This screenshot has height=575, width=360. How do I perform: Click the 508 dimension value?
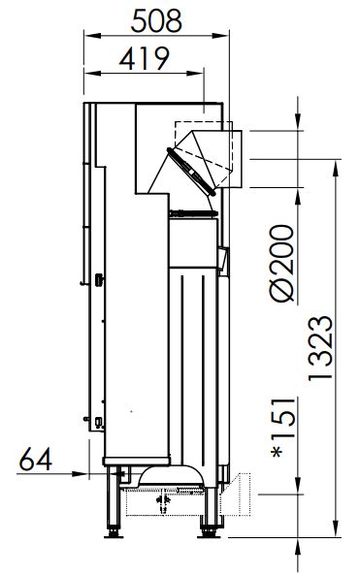pos(156,21)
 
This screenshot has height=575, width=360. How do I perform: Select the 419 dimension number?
pos(145,58)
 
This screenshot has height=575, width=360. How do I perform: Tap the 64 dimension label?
pos(35,460)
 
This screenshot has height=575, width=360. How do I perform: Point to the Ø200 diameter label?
pos(282,263)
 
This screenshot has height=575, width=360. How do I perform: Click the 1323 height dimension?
pos(320,348)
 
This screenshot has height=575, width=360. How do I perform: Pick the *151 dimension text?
pos(283,428)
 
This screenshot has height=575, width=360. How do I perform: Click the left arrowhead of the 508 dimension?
pos(92,36)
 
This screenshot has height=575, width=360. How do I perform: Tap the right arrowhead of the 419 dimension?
pos(195,74)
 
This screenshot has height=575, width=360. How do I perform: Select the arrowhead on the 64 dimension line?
pos(81,474)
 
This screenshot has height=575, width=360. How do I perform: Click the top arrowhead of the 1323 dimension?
pos(336,169)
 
